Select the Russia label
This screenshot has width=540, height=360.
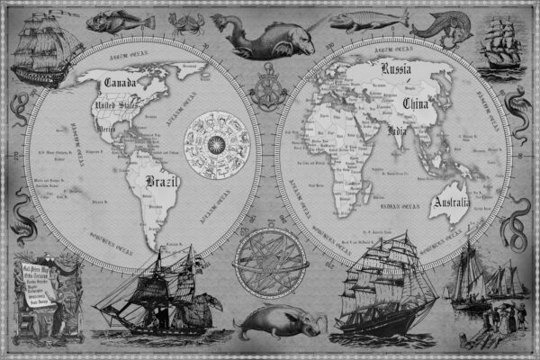pos(397,69)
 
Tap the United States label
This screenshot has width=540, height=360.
pos(118,110)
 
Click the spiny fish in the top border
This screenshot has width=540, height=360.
pos(112,20)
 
